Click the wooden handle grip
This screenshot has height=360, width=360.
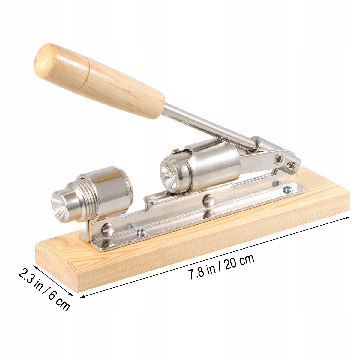pyautogui.click(x=99, y=81)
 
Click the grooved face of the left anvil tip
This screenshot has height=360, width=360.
pyautogui.click(x=58, y=207)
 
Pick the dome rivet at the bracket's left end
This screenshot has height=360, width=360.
pyautogui.click(x=108, y=229)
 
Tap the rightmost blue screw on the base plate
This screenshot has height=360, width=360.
pyautogui.click(x=288, y=189)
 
